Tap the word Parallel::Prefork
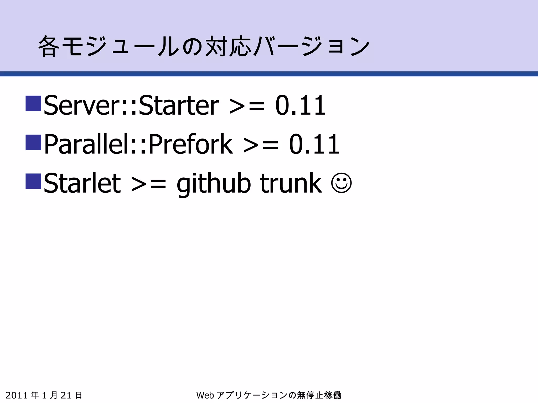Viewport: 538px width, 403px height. (x=138, y=144)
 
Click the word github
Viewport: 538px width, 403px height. (x=213, y=184)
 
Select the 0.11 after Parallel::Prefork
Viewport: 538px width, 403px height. (x=314, y=144)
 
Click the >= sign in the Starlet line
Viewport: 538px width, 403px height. (x=148, y=184)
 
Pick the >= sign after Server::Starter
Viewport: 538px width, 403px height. (x=247, y=106)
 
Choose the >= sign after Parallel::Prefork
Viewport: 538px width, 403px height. (x=261, y=145)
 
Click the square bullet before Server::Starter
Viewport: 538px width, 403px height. (x=33, y=103)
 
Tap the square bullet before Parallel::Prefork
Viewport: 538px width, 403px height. (x=33, y=142)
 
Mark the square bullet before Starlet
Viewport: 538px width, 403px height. (x=33, y=181)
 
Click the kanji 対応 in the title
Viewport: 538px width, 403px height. (x=227, y=46)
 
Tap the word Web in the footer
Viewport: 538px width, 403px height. (x=205, y=395)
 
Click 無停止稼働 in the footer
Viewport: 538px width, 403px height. (x=319, y=395)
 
